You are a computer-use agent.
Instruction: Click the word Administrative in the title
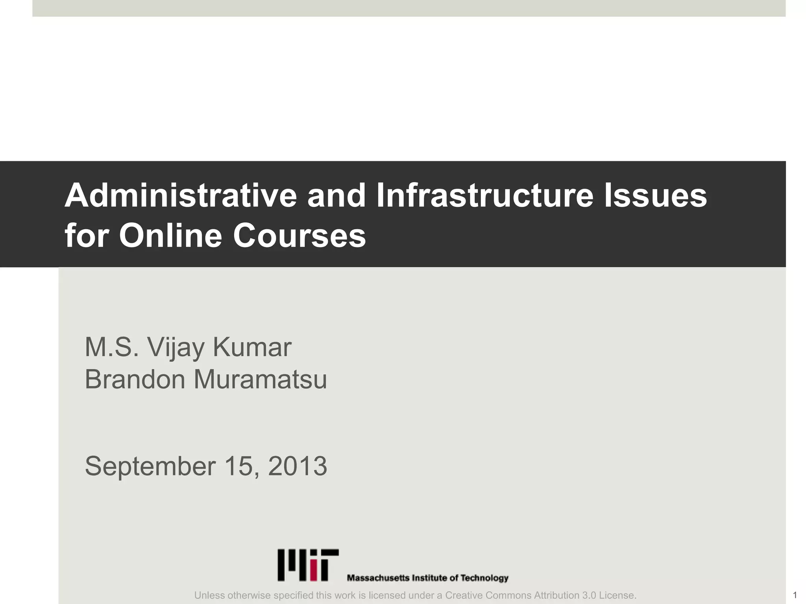(181, 195)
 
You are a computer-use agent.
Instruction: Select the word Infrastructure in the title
(484, 195)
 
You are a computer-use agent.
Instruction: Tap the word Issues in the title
(655, 195)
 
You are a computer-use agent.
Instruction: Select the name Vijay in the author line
(176, 348)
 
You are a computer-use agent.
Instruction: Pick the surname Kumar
(252, 348)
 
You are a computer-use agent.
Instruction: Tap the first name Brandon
(135, 379)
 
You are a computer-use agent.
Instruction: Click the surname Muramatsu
(260, 379)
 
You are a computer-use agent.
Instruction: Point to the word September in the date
(150, 466)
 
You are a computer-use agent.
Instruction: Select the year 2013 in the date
(298, 466)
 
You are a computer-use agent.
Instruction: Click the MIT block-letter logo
(308, 565)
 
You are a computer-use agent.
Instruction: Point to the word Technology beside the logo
(484, 578)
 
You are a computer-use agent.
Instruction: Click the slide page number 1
(795, 595)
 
